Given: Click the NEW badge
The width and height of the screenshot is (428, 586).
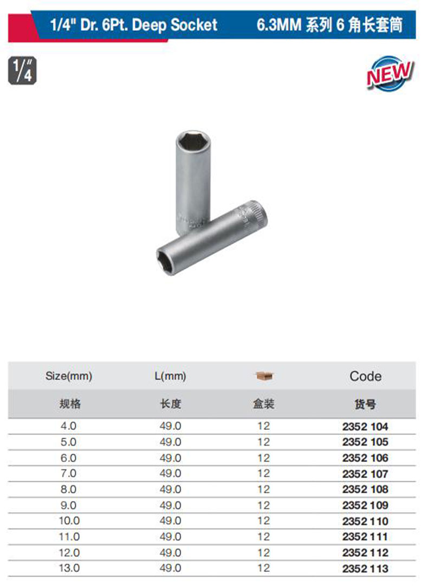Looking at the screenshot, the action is [390, 74].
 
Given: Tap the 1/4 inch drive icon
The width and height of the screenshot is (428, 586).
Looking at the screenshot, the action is [22, 70].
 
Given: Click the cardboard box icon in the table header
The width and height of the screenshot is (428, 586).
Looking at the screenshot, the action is [264, 376].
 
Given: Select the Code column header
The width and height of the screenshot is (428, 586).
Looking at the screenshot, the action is [365, 376].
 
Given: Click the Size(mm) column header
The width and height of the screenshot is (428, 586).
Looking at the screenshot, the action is [69, 376].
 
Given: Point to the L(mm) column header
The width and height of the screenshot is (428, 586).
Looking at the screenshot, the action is [170, 376].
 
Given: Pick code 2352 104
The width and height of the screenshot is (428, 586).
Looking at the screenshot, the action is [365, 427].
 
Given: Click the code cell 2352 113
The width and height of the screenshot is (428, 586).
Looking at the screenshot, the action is [365, 569].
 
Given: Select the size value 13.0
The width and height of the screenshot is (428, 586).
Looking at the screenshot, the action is [69, 568].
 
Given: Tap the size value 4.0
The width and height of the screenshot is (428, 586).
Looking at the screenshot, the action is [68, 426].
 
